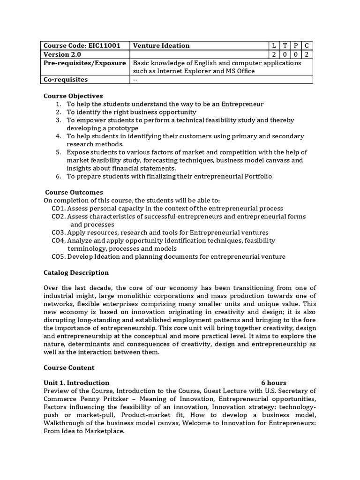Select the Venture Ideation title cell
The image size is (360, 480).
coord(161,45)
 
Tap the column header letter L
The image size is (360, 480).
coord(274,45)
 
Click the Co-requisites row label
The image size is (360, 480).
coord(65,80)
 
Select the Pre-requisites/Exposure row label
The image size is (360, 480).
coord(84,63)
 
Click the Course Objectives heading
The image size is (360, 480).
coord(73,96)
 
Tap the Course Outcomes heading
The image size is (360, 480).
coord(74,192)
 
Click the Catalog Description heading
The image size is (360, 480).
coord(76,273)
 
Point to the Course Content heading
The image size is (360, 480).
coord(69,367)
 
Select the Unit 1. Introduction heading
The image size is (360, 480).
coord(76,383)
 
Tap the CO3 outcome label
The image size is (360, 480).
coord(58,232)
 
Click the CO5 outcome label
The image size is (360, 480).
coord(58,257)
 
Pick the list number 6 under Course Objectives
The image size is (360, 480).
coord(58,176)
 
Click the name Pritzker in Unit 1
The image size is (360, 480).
coord(127,399)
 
